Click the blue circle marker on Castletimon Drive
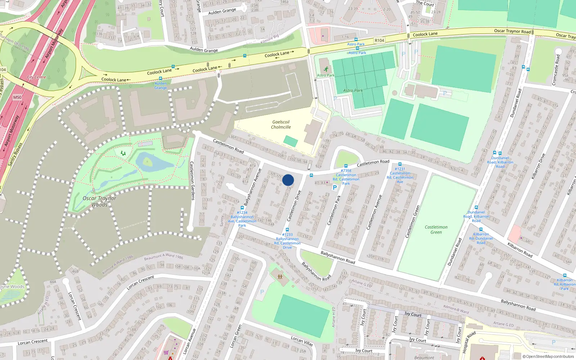pos(288,180)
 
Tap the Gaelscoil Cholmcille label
pos(281,125)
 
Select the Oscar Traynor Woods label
pos(99,202)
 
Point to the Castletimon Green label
pos(436,230)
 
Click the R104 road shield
pos(379,40)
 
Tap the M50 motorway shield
pos(17,97)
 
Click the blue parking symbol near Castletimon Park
pos(335,187)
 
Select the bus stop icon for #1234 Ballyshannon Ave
pos(242,208)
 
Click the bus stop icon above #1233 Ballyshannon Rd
pos(287,230)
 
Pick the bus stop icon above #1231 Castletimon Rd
pos(400,164)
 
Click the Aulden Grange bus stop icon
pos(161,78)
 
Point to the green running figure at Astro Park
pos(326,69)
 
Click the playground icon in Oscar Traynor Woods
pos(123,153)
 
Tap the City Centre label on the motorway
pos(37,77)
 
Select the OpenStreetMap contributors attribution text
pos(549,356)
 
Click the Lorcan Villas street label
pos(302,341)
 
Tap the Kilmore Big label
pos(270,39)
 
